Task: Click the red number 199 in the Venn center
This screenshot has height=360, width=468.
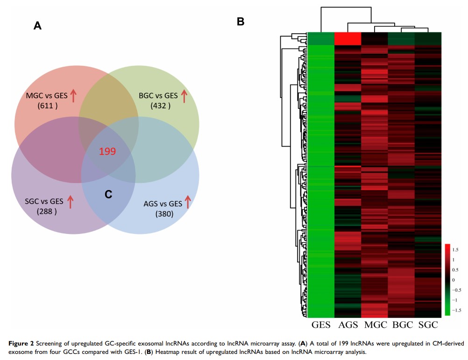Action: (x=107, y=151)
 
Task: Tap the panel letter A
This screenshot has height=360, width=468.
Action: (x=37, y=27)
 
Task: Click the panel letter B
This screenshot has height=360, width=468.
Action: (x=241, y=21)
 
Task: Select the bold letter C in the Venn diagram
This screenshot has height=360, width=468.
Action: (x=108, y=195)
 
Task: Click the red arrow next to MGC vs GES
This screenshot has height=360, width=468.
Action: (x=73, y=96)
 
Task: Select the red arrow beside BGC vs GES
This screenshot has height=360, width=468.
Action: (x=184, y=96)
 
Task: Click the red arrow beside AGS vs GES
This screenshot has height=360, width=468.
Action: (x=188, y=202)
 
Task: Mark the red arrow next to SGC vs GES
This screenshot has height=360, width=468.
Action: (x=71, y=201)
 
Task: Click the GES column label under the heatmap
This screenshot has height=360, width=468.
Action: (x=320, y=324)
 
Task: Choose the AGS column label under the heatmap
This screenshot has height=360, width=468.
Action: (x=347, y=324)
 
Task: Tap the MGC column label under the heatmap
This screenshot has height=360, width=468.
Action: (x=375, y=324)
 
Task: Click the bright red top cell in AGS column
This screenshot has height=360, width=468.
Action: (x=348, y=38)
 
